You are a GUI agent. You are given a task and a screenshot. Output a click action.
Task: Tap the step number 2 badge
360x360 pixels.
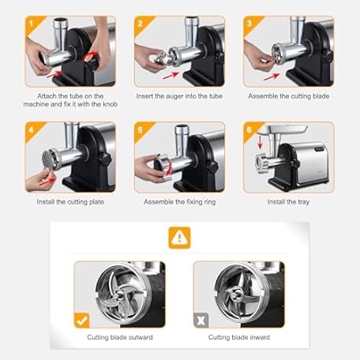pos(141,24)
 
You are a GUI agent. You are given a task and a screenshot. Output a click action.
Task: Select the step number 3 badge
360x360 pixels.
pos(250,24)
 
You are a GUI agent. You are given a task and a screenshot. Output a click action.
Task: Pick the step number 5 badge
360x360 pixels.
pos(141,129)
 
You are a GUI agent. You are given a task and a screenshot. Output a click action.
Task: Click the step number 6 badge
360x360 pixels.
pos(250,129)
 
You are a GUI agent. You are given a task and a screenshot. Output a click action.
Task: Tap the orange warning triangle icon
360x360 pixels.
pos(179,238)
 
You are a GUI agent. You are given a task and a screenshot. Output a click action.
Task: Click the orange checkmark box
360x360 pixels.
pos(82,321)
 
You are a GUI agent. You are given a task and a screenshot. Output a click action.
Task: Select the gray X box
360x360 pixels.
pos(201,321)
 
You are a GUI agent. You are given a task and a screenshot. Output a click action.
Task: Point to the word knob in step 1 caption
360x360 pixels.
pos(110,104)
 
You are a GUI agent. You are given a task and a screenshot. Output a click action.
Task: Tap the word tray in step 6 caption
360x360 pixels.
pos(303,202)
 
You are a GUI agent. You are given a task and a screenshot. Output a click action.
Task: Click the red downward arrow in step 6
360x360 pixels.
pos(260,142)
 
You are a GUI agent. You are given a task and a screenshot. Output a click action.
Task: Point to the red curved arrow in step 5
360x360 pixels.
pos(168,167)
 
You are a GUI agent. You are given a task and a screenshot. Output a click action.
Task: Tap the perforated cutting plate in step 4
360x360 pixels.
pos(47,159)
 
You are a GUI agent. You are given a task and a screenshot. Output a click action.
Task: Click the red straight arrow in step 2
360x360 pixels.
pos(171,76)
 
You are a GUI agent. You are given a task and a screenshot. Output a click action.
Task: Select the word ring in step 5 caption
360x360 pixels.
pos(209,202)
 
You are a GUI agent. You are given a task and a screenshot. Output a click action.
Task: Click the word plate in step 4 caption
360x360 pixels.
pos(96,202)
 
